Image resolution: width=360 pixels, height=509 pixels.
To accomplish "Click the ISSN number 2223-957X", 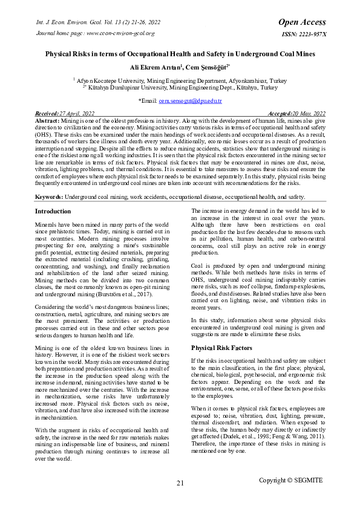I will (304, 34).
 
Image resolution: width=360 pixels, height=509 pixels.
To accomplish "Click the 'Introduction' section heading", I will (53, 212).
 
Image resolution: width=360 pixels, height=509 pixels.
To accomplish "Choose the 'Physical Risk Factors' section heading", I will (222, 348).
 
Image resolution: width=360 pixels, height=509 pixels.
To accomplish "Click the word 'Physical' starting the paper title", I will (59, 54).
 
